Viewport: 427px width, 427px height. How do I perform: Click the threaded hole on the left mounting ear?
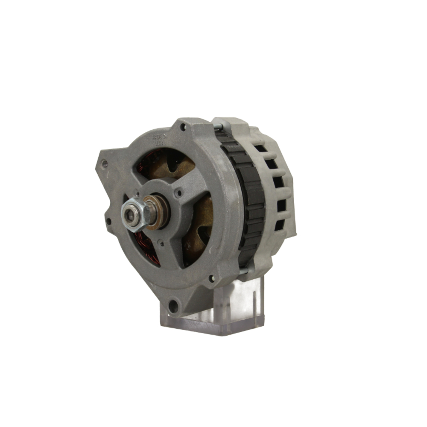pos(104,163)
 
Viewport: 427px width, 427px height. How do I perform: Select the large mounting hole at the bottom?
pos(173,306)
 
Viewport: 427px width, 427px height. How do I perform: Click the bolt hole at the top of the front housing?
pos(183,127)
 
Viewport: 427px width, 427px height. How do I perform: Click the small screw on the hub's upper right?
pos(179,193)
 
